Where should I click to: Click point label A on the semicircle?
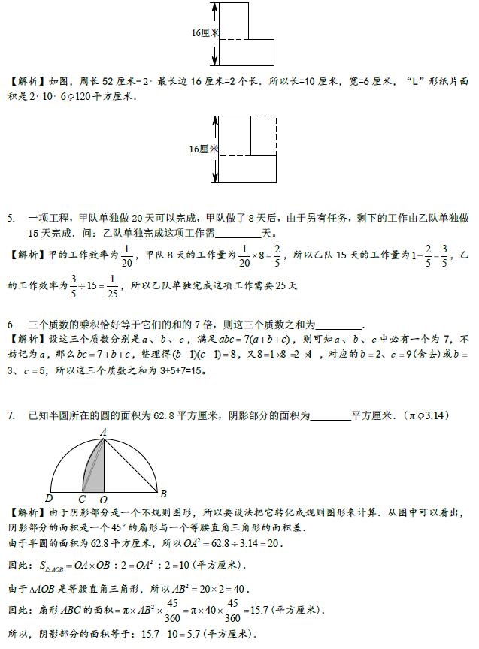103,430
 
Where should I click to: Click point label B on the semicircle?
163,494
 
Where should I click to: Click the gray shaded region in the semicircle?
92,469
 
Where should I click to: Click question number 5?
11,219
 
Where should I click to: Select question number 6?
11,324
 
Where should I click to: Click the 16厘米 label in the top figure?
205,33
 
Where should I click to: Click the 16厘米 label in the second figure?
204,149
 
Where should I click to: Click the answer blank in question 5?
238,233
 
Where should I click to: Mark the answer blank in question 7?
330,415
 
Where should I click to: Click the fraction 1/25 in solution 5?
112,286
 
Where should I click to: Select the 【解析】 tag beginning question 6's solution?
27,340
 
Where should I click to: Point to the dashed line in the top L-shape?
234,39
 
